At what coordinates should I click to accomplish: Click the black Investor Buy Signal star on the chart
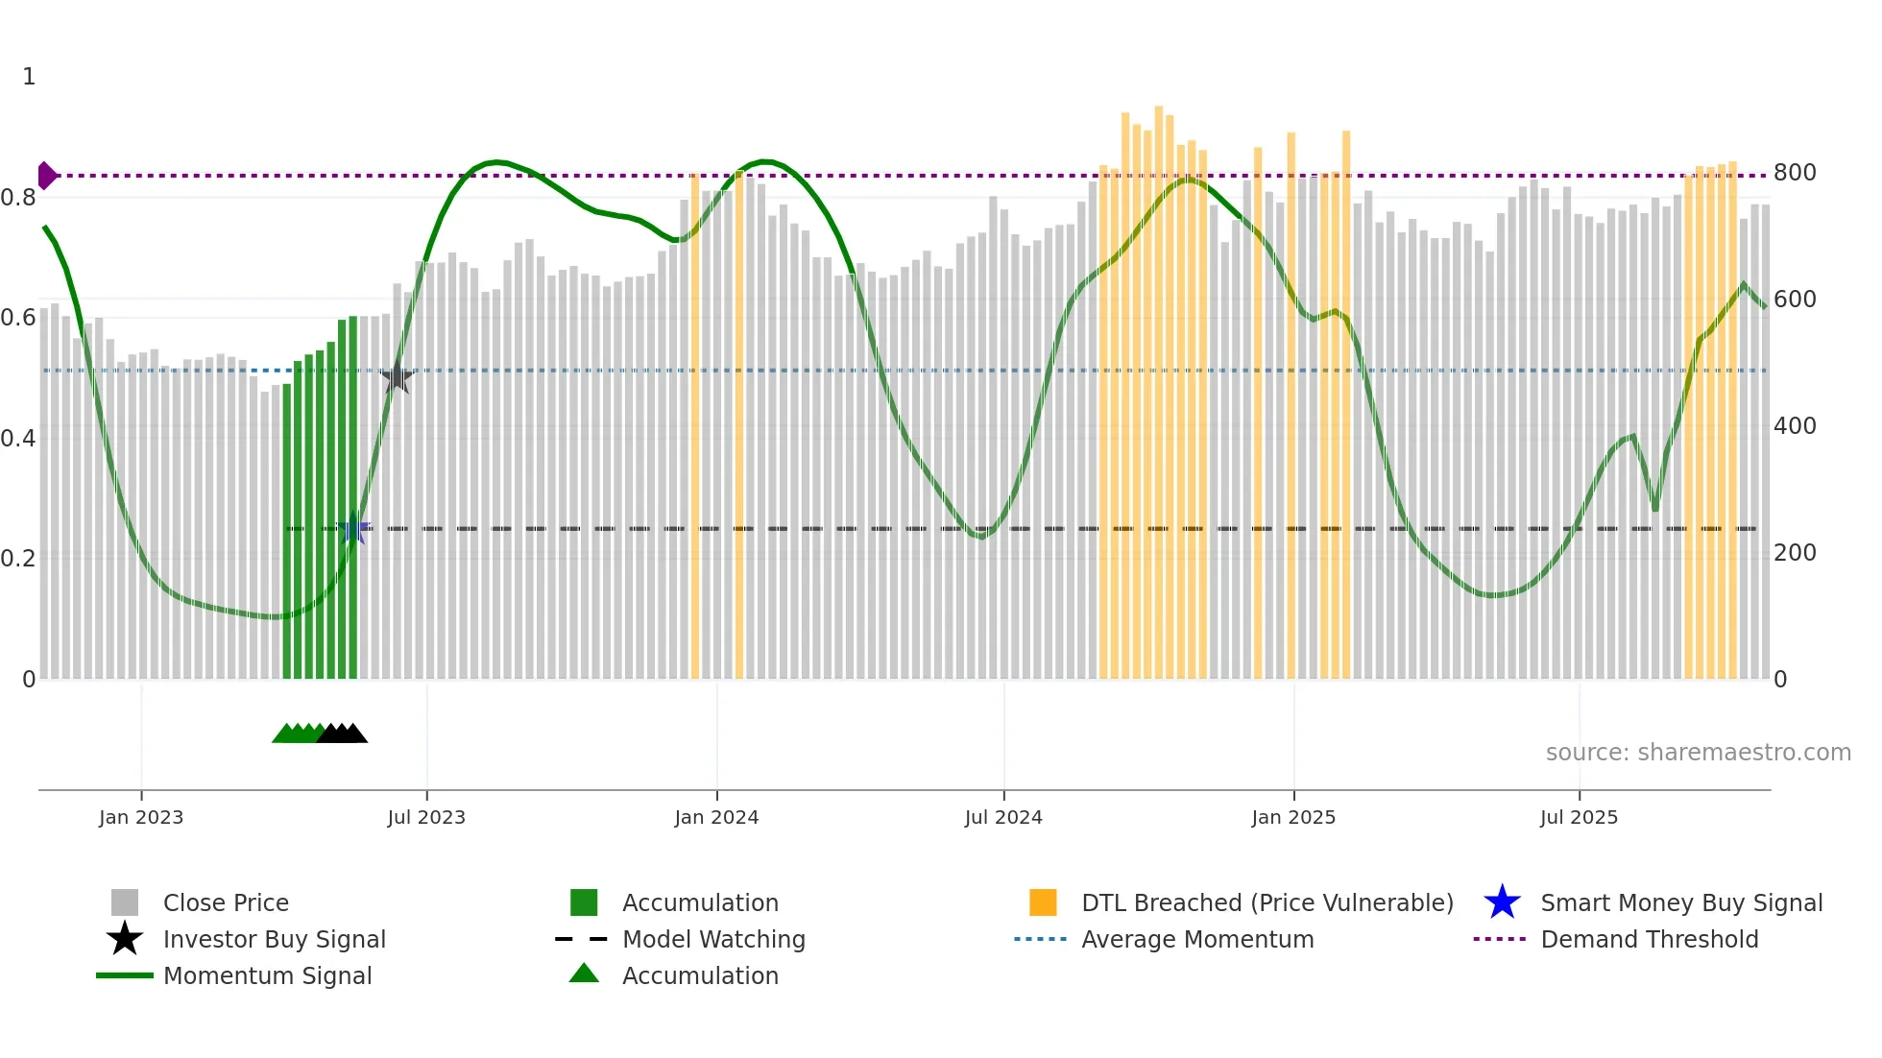click(397, 377)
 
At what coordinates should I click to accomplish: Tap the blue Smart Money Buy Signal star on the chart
click(353, 528)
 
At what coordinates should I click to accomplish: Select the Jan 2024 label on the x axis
click(716, 817)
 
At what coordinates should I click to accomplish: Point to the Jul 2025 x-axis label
click(1579, 817)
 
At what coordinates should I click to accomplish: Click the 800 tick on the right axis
click(1794, 173)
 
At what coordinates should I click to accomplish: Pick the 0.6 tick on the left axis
click(19, 318)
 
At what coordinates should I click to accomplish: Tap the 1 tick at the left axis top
click(29, 77)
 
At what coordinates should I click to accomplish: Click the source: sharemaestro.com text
click(1698, 753)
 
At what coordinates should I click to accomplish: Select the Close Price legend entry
click(226, 903)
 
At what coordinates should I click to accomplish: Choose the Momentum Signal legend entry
click(267, 976)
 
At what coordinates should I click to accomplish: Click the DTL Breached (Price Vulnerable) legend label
click(1267, 903)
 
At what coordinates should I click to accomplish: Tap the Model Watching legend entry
click(713, 940)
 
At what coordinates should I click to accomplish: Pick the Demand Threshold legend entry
click(1649, 940)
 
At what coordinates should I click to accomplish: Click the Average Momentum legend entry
click(1197, 940)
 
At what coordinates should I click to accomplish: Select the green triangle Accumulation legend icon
click(584, 974)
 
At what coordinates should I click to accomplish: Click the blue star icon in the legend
click(1502, 902)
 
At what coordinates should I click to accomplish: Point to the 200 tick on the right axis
click(1794, 553)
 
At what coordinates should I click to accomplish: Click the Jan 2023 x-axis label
click(141, 817)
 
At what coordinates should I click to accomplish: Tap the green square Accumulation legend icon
click(584, 902)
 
